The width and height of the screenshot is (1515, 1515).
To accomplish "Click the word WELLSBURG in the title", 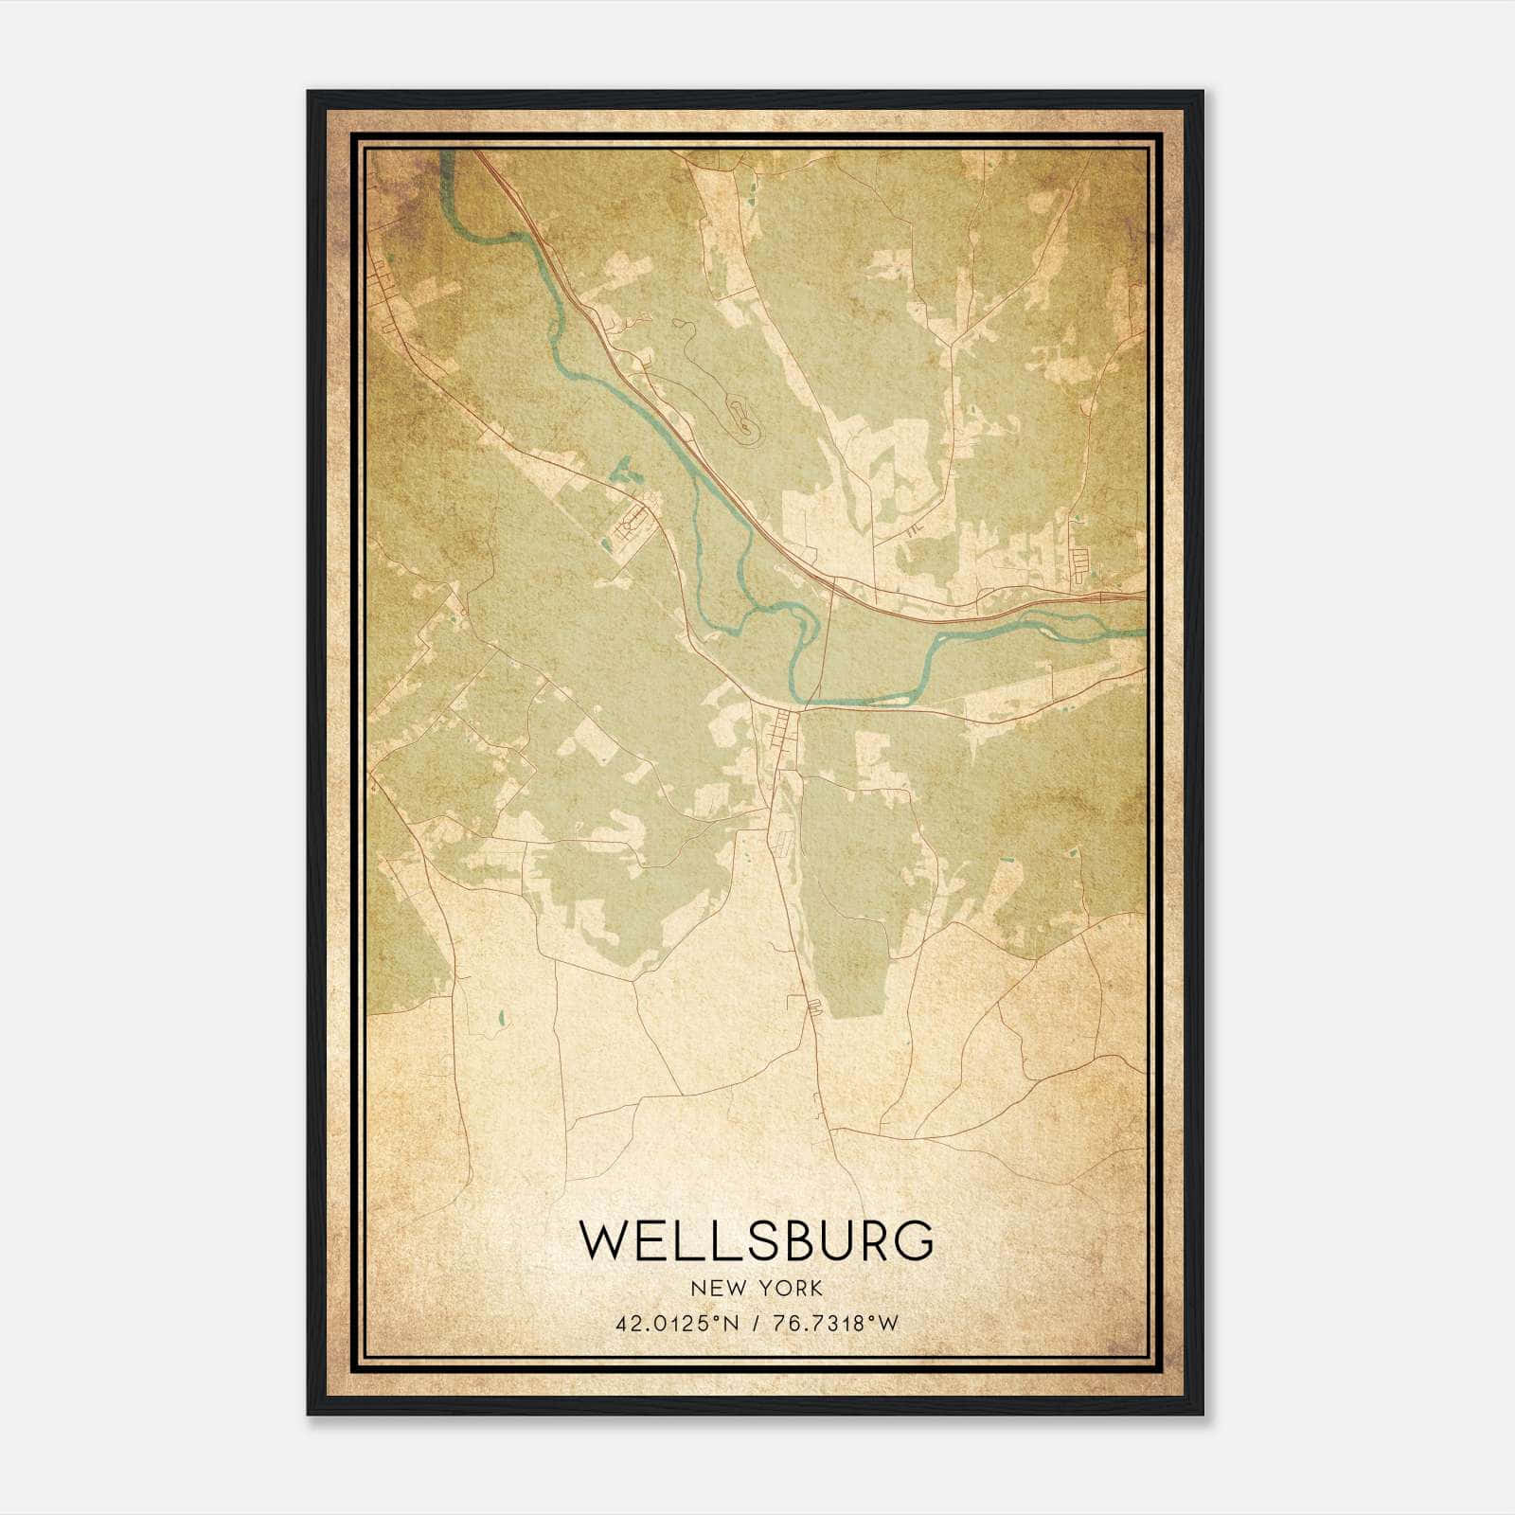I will (757, 1240).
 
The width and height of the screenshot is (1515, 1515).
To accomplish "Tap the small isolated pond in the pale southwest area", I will (500, 1020).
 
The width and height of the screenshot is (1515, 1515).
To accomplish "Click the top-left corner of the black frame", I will (310, 93).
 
